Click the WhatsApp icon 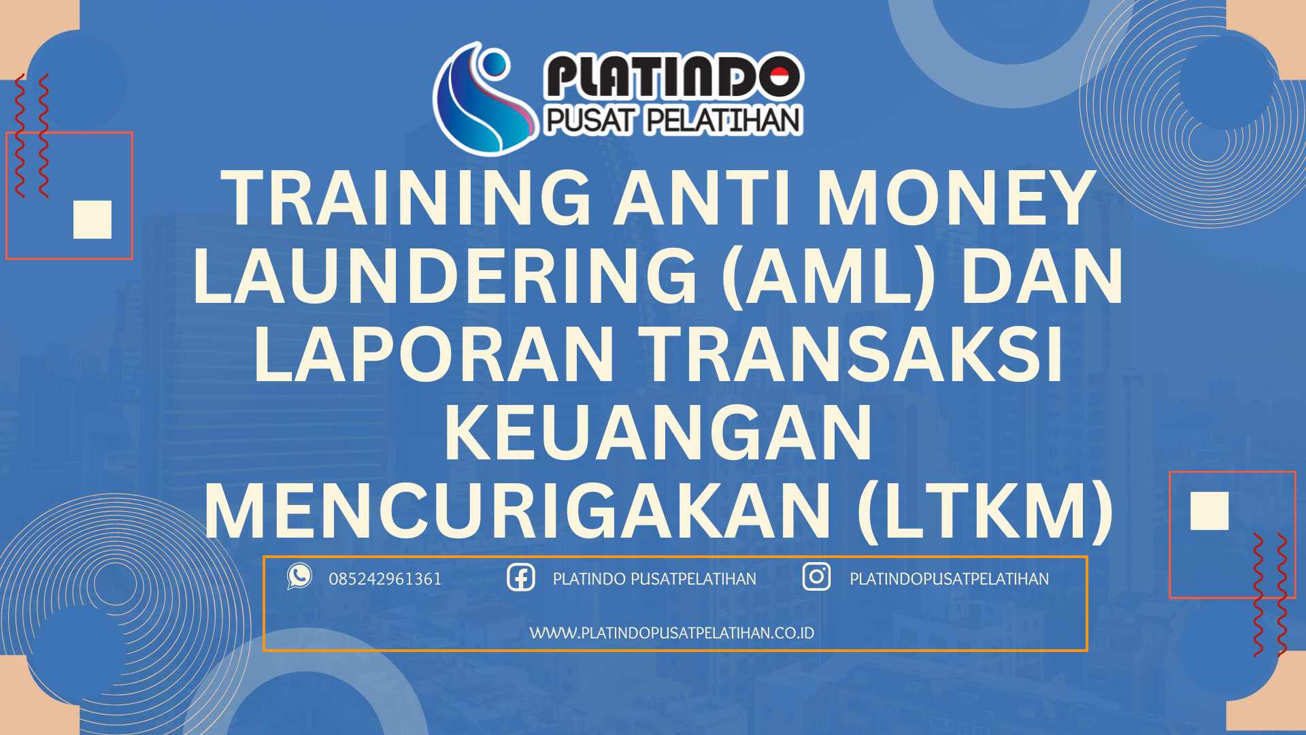click(x=299, y=576)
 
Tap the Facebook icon click(x=521, y=578)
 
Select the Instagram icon click(x=816, y=577)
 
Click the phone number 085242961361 click(x=385, y=579)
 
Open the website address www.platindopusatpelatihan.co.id click(x=671, y=633)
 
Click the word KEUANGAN click(x=658, y=434)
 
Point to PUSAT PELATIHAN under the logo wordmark click(x=673, y=120)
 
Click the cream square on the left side click(x=93, y=219)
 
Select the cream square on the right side click(x=1209, y=510)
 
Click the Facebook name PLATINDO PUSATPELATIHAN click(x=654, y=579)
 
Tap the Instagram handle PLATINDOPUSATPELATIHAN click(x=949, y=579)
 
